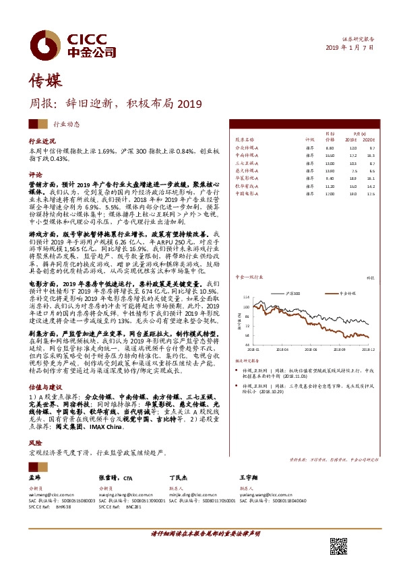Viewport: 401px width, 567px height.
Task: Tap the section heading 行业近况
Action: (40, 143)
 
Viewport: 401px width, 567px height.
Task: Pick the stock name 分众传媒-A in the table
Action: (247, 147)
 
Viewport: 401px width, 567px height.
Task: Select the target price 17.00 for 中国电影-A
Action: (330, 193)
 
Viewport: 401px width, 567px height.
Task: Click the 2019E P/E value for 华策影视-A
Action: (352, 178)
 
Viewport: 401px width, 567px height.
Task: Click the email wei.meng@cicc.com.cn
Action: (50, 493)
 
